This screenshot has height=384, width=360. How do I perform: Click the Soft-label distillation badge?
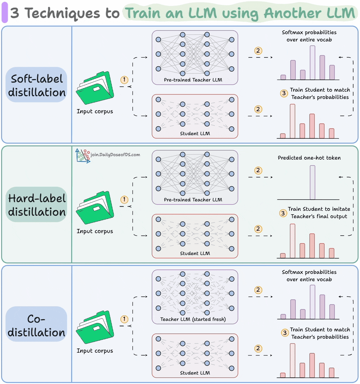pos(37,85)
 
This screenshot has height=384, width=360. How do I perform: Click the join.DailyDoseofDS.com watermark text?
pos(115,154)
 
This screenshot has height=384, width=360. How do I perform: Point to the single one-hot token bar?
pos(312,182)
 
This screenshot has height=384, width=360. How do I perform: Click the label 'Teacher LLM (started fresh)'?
pos(193,319)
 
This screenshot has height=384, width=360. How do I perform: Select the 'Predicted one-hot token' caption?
pos(309,158)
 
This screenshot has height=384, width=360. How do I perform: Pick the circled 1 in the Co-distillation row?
pos(124,319)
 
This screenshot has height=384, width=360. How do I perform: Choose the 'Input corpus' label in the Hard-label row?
pos(95,231)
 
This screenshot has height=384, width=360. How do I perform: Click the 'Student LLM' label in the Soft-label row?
pos(195,133)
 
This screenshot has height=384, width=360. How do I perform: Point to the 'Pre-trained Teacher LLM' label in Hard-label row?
pos(193,200)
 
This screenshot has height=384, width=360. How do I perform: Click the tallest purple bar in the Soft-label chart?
pos(312,63)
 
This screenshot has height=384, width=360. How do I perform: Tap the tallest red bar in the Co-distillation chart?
pos(292,360)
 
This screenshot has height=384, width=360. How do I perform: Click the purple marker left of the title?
pos(5,14)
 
